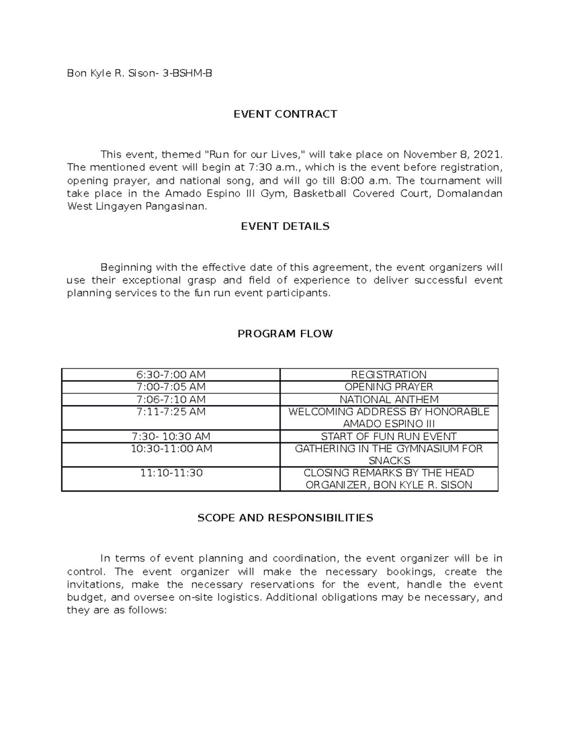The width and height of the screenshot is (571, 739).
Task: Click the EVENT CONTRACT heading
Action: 285,114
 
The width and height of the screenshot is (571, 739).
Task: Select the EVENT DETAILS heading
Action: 285,226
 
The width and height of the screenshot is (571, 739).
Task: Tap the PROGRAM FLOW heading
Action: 285,334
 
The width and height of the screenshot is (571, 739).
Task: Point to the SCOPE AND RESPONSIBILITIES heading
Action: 285,518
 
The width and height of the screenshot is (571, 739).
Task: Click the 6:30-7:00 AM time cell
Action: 171,374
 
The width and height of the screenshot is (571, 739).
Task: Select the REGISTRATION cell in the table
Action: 389,374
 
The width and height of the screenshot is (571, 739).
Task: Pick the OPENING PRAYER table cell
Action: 389,387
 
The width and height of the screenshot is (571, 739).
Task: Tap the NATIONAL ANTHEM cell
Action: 389,399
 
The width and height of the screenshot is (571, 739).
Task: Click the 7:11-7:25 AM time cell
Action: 171,412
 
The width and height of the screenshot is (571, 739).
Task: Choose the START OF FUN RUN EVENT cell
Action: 389,436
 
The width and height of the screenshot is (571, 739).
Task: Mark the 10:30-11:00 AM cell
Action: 171,449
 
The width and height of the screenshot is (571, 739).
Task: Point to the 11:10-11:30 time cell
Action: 171,473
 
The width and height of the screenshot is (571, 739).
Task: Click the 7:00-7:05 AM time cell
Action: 171,387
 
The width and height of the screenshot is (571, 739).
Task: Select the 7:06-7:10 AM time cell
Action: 171,399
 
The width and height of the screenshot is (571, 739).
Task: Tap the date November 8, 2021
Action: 453,155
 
